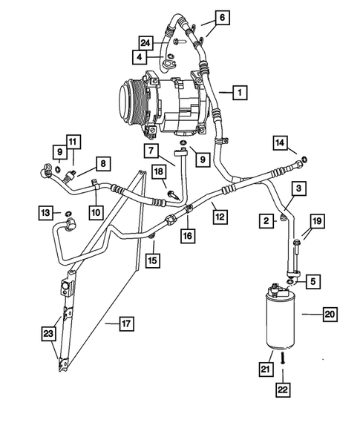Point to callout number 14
tap(279, 142)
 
